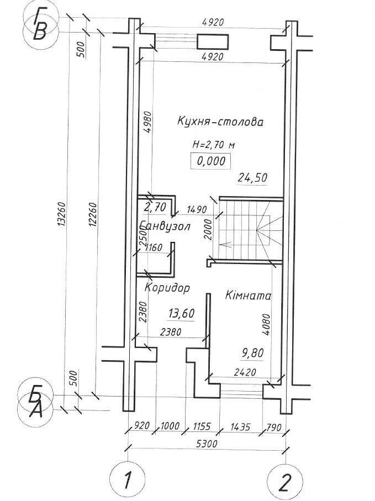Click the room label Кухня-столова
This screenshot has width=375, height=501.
click(220, 122)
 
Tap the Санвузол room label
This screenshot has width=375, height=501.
click(165, 226)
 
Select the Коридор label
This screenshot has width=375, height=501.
click(167, 288)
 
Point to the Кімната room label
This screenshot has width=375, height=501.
click(248, 295)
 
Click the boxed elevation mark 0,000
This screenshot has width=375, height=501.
click(210, 161)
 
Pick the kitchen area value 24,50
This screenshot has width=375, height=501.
click(252, 178)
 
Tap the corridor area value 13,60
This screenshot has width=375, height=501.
click(181, 313)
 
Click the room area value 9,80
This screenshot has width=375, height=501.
click(253, 353)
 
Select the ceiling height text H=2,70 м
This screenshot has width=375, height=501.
click(213, 145)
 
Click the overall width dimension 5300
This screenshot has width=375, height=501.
click(207, 443)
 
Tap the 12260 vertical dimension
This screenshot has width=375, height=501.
click(93, 214)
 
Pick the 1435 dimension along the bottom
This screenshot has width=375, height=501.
click(240, 426)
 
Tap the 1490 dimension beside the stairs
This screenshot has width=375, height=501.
click(197, 209)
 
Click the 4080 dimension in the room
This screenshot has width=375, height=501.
click(266, 324)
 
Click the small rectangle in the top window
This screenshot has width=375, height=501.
click(213, 42)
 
